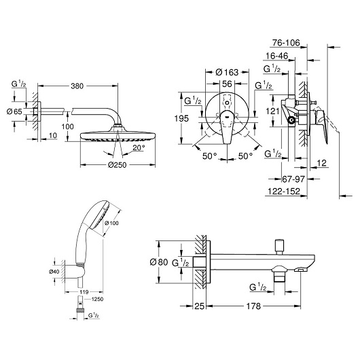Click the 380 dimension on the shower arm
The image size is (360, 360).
point(77,86)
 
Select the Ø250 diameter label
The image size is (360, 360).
point(117,165)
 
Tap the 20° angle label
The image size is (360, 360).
point(139,147)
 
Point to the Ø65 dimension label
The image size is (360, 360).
point(14,111)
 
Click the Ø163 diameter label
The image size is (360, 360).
point(227,72)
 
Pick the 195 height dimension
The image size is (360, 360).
point(181,118)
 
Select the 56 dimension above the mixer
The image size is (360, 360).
point(227,84)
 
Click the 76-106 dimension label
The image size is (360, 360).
point(286,43)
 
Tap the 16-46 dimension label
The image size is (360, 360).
point(276,56)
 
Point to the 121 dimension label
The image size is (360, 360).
point(272,111)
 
